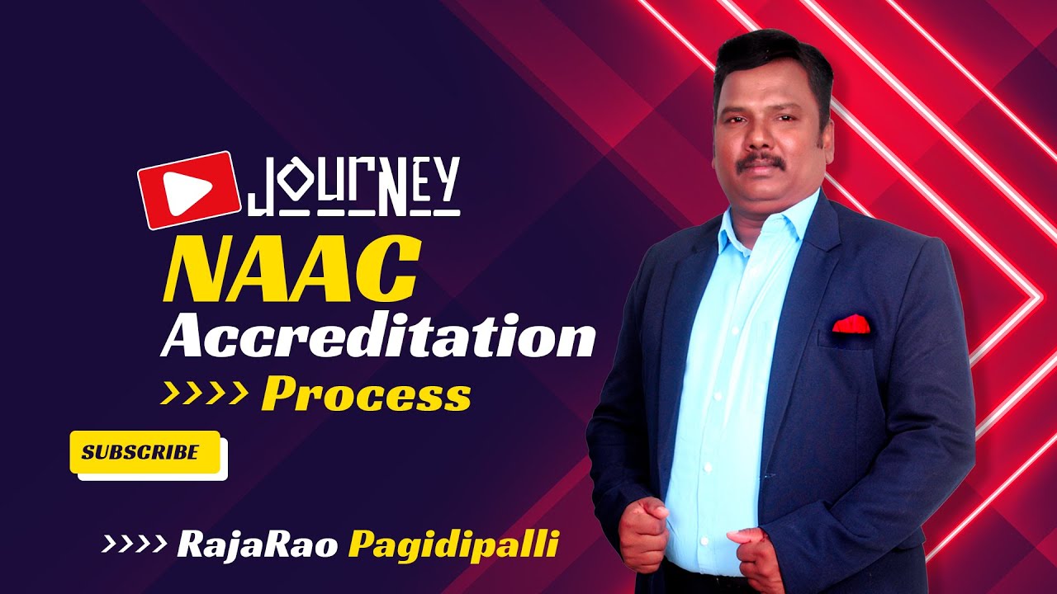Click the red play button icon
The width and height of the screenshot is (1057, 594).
tap(188, 190)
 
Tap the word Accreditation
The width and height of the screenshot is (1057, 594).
tap(378, 337)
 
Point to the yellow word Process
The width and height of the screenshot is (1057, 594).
tap(366, 396)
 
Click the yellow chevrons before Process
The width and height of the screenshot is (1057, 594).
tap(204, 394)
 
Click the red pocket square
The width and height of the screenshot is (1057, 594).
tap(851, 324)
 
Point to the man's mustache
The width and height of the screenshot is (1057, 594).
tap(761, 162)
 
